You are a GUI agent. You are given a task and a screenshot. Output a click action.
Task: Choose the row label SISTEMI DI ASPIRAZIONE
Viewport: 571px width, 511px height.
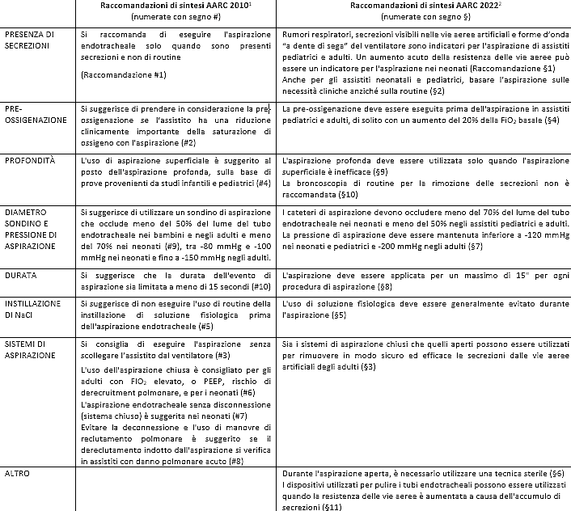(32, 348)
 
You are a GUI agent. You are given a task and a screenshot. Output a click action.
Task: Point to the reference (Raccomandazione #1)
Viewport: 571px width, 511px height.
(124, 74)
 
